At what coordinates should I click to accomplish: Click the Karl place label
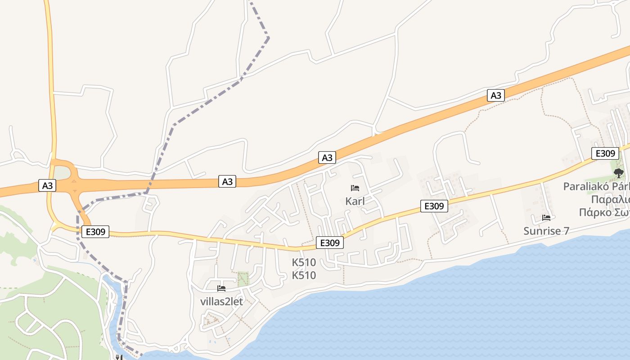pyautogui.click(x=355, y=201)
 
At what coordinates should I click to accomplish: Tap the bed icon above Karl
pyautogui.click(x=355, y=188)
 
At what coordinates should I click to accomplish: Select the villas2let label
pyautogui.click(x=221, y=301)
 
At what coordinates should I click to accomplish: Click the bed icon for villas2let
pyautogui.click(x=221, y=288)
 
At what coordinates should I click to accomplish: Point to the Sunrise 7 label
pyautogui.click(x=546, y=231)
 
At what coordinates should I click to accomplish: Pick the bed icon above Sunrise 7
pyautogui.click(x=546, y=218)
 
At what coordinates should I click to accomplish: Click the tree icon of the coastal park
pyautogui.click(x=619, y=173)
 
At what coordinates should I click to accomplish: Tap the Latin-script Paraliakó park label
pyautogui.click(x=596, y=186)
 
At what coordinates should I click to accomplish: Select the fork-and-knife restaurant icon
pyautogui.click(x=119, y=357)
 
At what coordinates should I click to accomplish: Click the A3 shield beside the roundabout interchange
pyautogui.click(x=47, y=185)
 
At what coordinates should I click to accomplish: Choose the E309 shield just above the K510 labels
pyautogui.click(x=330, y=243)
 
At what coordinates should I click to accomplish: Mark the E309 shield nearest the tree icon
pyautogui.click(x=605, y=153)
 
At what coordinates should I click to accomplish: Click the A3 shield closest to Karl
pyautogui.click(x=328, y=157)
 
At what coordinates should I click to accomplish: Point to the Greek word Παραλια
pyautogui.click(x=610, y=199)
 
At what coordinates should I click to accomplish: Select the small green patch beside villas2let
pyautogui.click(x=243, y=279)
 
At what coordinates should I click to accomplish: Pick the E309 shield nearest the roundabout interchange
pyautogui.click(x=95, y=232)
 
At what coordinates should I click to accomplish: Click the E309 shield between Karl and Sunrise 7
pyautogui.click(x=434, y=206)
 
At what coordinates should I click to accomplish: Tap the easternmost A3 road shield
pyautogui.click(x=495, y=95)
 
